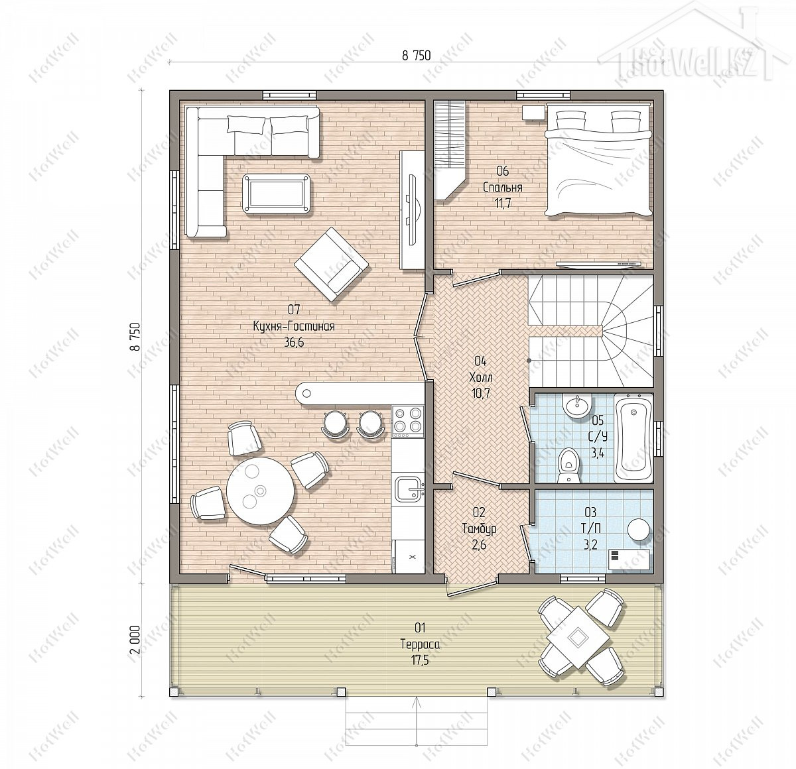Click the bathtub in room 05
pos(633,438)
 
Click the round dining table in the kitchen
pos(260,491)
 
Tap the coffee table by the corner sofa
pos(276,194)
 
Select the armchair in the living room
pos(331,265)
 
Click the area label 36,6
pos(294,343)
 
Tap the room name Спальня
pos(503,188)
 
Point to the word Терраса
pos(420,644)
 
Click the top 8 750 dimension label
pos(417,56)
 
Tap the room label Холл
pos(480,377)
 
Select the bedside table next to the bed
pos(533,112)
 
